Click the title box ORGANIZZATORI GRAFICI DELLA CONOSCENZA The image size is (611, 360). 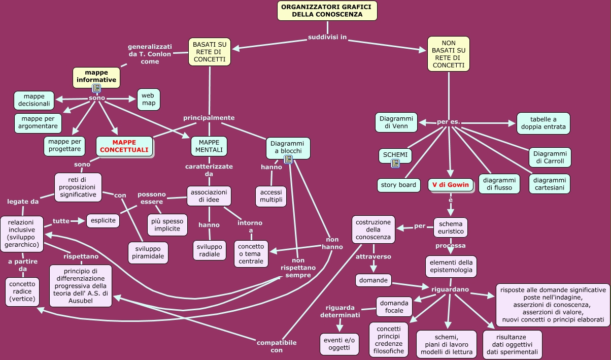pos(327,11)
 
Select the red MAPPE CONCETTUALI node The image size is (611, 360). pos(124,146)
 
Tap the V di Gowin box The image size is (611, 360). pos(451,184)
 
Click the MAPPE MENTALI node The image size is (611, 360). pos(209,146)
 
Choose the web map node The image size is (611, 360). pos(148,100)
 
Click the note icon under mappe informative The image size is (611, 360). pos(96,88)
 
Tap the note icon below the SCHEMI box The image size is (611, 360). pos(395,163)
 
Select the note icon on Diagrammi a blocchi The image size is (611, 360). pos(288,159)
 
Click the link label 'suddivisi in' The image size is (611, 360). pos(327,38)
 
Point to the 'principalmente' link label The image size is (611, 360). pos(209,118)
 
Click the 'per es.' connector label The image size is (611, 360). pos(449,122)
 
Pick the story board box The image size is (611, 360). pos(398,185)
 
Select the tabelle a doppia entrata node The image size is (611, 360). pos(543,123)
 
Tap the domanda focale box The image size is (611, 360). pos(394,307)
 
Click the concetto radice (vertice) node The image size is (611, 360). pos(20,291)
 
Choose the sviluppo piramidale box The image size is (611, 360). pos(148,253)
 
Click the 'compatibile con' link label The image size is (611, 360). pos(277,346)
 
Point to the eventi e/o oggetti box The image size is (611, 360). pos(340,344)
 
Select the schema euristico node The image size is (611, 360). pos(451,227)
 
